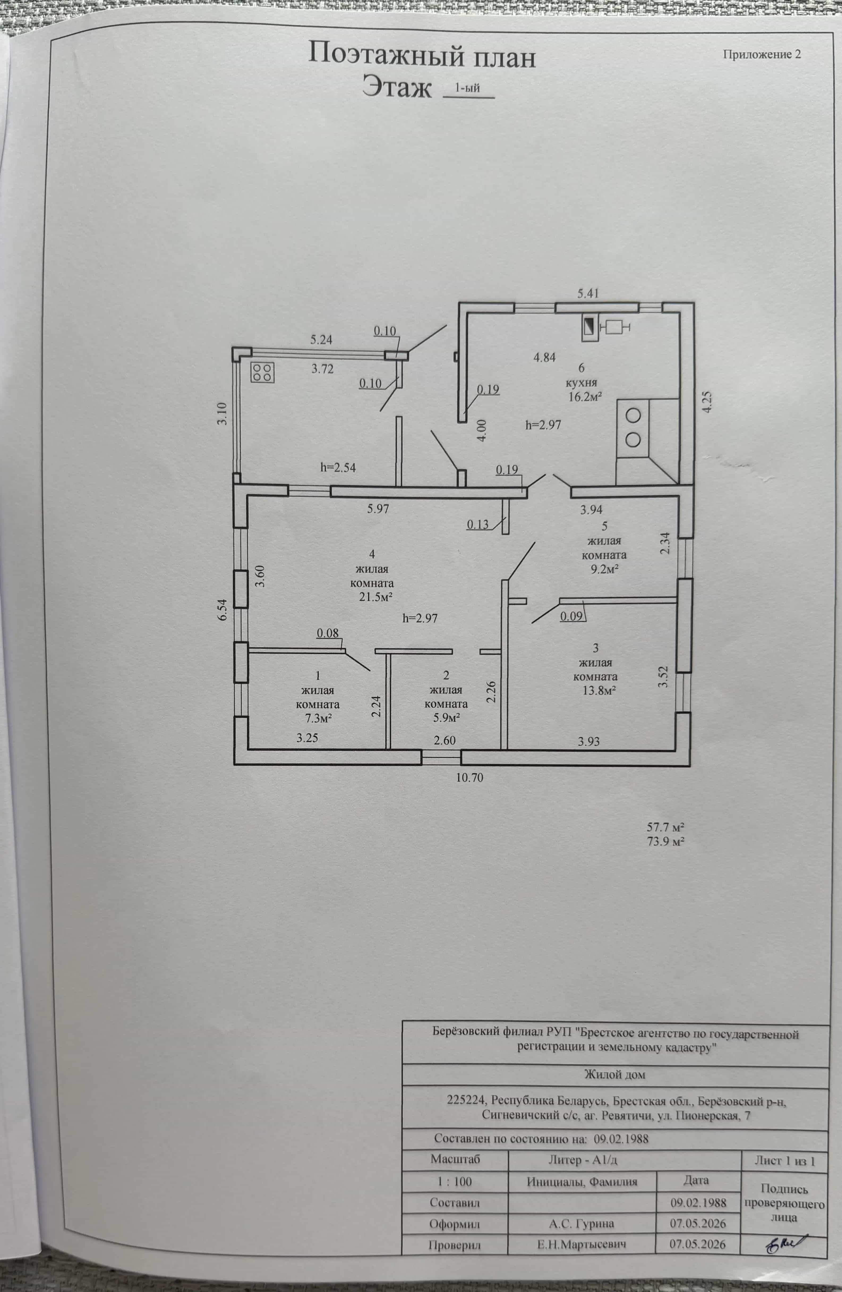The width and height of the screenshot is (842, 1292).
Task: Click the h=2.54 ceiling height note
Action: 338,467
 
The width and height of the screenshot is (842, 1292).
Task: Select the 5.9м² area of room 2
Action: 447,718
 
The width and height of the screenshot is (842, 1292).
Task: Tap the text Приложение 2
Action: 762,54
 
